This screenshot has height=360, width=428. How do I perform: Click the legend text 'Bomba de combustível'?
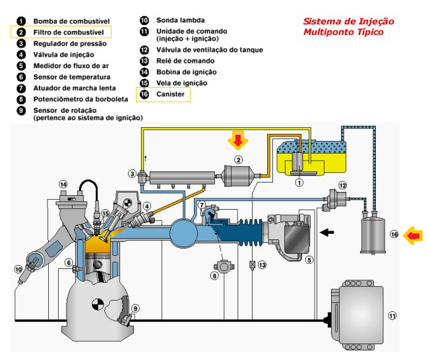click(x=72, y=21)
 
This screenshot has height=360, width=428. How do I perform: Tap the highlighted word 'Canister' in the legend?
click(x=170, y=95)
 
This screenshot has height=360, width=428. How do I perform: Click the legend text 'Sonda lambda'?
click(x=180, y=20)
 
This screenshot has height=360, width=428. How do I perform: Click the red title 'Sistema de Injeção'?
click(x=348, y=21)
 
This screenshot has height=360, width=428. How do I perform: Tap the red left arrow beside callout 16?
click(x=413, y=234)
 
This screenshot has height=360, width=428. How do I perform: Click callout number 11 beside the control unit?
click(x=392, y=316)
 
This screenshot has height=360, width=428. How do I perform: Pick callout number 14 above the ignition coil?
click(x=63, y=184)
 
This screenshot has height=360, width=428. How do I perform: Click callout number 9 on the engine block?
click(x=135, y=308)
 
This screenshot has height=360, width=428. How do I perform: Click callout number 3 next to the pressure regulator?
click(x=133, y=174)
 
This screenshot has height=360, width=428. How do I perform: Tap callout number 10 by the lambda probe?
click(x=17, y=269)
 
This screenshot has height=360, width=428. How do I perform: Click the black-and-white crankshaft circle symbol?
click(x=98, y=305)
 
